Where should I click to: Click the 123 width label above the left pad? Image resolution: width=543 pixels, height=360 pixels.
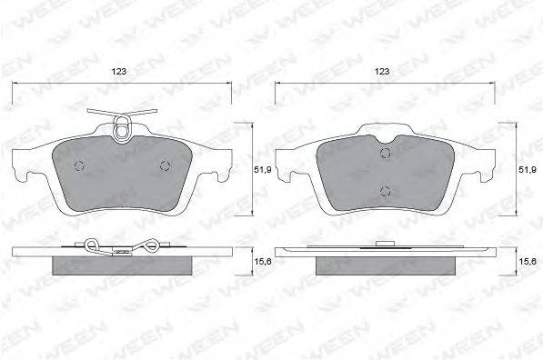click(119, 71)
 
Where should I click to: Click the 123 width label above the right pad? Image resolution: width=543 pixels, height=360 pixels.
click(382, 71)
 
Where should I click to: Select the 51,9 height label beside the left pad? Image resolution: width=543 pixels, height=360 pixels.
click(261, 170)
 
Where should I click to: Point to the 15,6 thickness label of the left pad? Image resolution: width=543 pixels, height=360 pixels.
click(263, 262)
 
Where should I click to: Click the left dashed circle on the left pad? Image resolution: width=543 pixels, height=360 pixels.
click(79, 166)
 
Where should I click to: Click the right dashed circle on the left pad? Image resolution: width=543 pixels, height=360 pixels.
click(166, 166)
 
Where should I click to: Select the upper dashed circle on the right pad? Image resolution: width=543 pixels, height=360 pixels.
click(385, 153)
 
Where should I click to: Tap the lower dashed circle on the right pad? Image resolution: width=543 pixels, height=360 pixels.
click(385, 190)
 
